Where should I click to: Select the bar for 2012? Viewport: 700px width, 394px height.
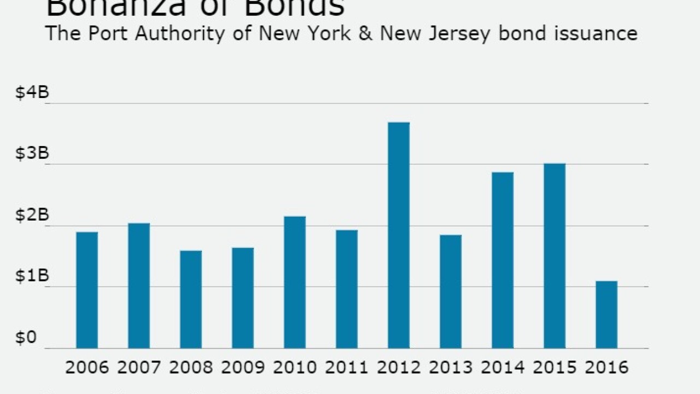coord(399,235)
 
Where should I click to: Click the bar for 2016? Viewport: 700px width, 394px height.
coord(606,315)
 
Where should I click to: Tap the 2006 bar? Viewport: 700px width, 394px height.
coord(87,290)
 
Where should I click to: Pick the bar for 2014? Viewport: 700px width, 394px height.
coord(503,260)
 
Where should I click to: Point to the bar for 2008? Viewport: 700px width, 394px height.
coord(191,299)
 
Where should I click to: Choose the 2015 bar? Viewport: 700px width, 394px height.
coord(555,256)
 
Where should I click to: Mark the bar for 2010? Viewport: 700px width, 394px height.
coord(295,282)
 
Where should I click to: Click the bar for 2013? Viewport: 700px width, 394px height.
coord(451,291)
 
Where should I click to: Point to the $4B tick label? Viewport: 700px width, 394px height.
coord(32,93)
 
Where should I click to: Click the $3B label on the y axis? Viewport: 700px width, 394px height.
coord(32,154)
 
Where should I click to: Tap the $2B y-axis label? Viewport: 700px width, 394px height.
coord(32,216)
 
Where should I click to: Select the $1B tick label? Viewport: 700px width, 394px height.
coord(32,277)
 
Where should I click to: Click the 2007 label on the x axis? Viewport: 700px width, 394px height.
coord(139,367)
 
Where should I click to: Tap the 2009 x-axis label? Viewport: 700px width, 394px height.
coord(243,367)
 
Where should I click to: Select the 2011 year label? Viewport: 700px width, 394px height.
coord(347,367)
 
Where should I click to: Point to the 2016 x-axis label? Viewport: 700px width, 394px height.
coord(606,367)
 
